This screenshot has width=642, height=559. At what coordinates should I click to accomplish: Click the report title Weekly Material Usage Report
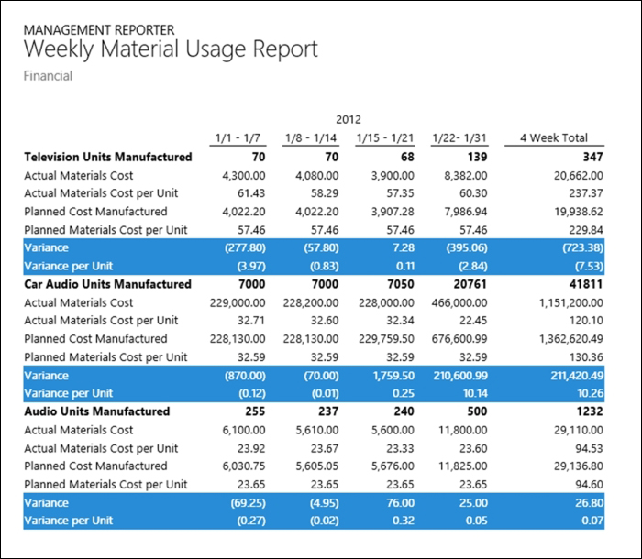[x=171, y=49]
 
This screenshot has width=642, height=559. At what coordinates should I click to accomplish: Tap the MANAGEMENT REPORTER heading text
[x=99, y=30]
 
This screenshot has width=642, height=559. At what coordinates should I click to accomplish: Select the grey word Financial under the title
[x=48, y=76]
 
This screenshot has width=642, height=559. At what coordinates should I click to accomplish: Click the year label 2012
[x=349, y=119]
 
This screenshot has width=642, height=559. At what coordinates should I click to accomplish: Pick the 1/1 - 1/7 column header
[x=238, y=137]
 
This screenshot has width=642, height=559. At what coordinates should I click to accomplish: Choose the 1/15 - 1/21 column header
[x=385, y=137]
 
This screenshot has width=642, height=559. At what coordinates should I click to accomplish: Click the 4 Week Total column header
[x=554, y=137]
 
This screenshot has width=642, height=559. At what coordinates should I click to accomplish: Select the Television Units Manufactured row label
[x=108, y=157]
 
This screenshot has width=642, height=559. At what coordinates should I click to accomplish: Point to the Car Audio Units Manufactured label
[x=107, y=284]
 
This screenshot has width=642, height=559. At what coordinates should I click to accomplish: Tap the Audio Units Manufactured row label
[x=97, y=411]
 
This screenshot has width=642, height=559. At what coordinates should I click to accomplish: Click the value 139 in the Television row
[x=478, y=157]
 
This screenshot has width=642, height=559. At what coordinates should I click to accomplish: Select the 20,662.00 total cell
[x=579, y=176]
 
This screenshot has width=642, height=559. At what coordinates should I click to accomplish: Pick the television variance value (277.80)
[x=245, y=247]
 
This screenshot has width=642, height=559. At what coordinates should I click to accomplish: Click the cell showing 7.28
[x=403, y=247]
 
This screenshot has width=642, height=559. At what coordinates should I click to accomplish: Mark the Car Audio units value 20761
[x=470, y=284]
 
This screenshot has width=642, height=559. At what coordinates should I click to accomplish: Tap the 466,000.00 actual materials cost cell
[x=459, y=302]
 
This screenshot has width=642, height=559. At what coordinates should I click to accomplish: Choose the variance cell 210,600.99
[x=460, y=375]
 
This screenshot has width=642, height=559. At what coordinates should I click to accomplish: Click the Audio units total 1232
[x=590, y=411]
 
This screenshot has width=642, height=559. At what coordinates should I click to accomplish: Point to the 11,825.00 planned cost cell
[x=463, y=466]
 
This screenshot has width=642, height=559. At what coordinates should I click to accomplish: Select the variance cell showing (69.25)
[x=249, y=502]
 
